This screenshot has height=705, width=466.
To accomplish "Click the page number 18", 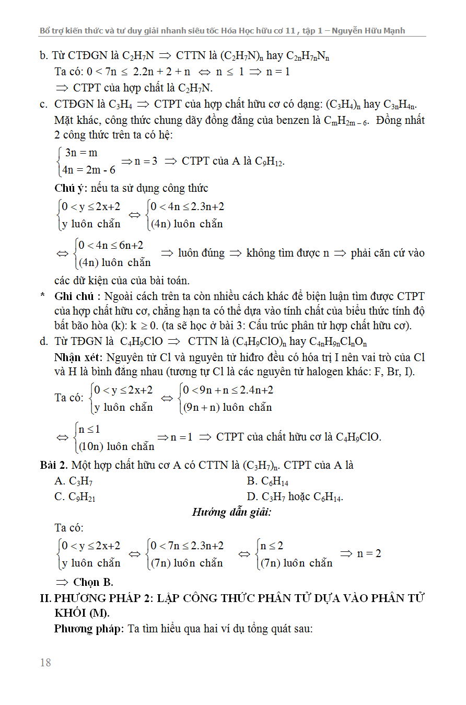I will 45,663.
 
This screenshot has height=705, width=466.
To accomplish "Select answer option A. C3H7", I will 74,481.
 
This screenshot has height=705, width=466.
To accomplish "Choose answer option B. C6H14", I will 267,481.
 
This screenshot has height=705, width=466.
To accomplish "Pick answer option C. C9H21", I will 75,496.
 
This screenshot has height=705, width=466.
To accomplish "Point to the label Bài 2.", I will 54,465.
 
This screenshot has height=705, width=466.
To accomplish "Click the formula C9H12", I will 269,161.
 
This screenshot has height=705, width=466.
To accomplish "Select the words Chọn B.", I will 93,582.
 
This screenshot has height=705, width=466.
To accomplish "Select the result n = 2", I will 369,553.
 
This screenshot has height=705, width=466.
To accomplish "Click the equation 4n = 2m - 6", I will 89,170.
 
